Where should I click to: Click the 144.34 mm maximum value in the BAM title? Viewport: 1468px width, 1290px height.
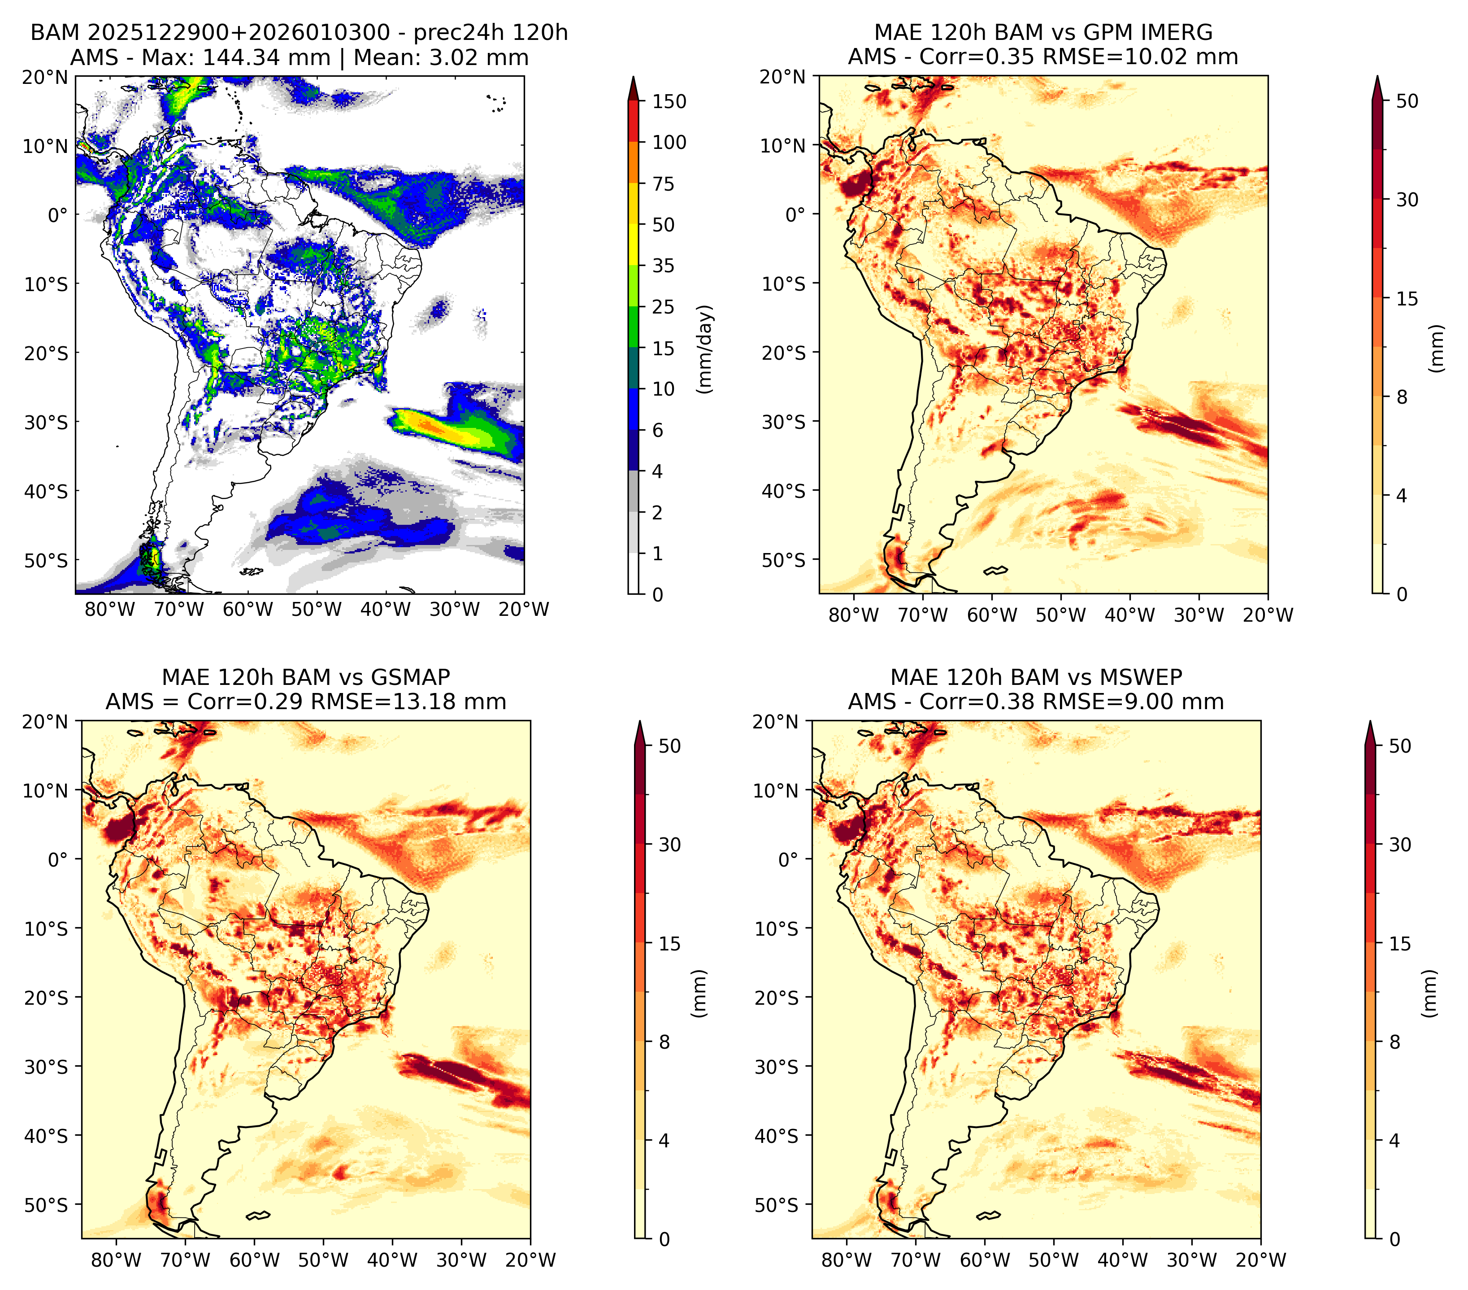[x=266, y=57]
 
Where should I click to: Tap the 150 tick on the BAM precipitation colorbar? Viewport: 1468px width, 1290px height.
[x=669, y=101]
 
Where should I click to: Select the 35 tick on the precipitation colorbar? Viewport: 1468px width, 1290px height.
[x=664, y=266]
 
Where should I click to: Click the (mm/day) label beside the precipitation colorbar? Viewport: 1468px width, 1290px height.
[x=706, y=349]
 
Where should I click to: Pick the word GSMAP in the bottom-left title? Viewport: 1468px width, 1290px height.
[x=410, y=677]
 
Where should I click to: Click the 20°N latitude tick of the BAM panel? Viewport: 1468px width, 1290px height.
[x=44, y=77]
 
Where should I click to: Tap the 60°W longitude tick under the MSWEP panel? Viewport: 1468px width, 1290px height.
[x=985, y=1260]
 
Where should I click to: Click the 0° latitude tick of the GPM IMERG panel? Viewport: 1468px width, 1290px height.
[x=796, y=214]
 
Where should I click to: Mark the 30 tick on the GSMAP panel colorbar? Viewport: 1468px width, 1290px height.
[x=669, y=845]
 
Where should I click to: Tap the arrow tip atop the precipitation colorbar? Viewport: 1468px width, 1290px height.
[x=634, y=76]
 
